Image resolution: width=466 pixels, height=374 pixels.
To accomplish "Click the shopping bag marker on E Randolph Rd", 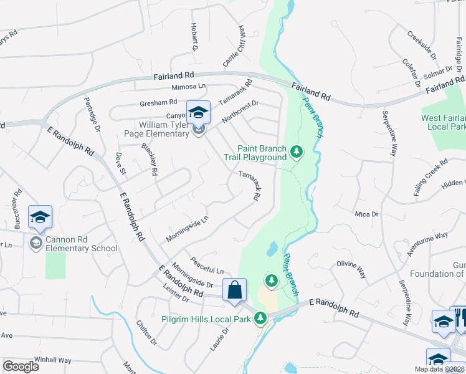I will click(234, 290).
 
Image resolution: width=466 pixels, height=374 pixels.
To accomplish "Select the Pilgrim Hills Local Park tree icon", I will click(261, 319).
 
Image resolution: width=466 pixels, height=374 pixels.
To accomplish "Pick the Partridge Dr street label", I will click(92, 115).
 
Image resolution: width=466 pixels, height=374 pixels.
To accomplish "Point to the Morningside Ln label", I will click(186, 229).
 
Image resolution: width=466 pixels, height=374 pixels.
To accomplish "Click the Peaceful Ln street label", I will click(207, 266).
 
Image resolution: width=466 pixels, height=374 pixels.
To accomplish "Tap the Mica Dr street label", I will click(366, 214).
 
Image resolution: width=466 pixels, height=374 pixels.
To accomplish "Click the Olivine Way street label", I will click(351, 269).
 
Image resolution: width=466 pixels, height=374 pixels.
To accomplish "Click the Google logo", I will click(21, 367).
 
